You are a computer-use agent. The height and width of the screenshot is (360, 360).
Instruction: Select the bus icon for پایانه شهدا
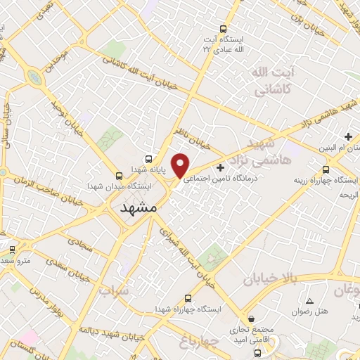(148, 158)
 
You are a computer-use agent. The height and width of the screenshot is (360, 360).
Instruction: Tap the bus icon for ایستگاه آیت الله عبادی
(224, 29)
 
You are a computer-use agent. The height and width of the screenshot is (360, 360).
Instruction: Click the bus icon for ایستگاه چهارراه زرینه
(326, 169)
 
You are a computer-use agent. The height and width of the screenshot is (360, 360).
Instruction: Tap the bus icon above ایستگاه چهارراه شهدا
(187, 298)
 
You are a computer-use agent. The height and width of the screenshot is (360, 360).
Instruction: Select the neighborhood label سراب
(114, 290)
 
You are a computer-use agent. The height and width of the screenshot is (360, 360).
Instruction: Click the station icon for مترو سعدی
(12, 250)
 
